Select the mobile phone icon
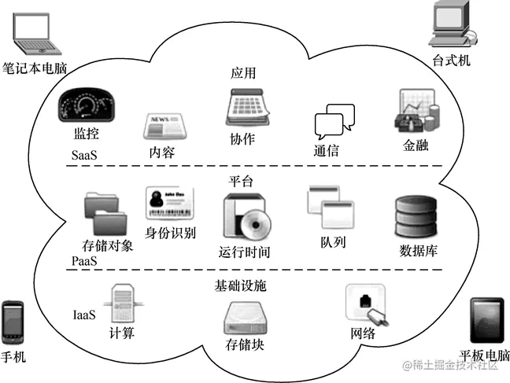pyautogui.click(x=13, y=322)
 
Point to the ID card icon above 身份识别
pyautogui.click(x=169, y=204)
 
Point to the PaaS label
pyautogui.click(x=84, y=260)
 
